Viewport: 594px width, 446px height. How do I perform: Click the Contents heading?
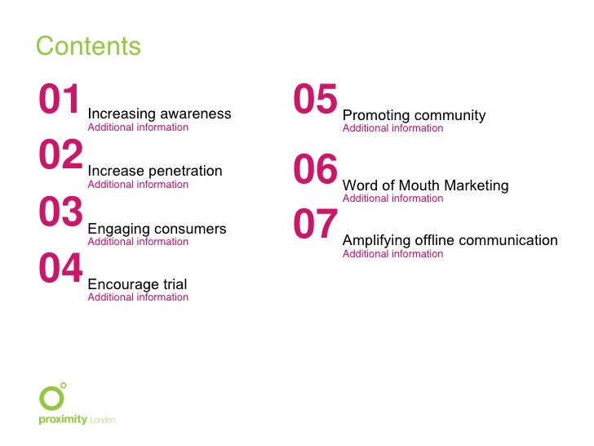coord(88,47)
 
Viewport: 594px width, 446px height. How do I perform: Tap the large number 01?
coord(60,100)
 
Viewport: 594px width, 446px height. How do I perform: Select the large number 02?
coord(60,156)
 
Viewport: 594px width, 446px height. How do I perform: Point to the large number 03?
coord(60,213)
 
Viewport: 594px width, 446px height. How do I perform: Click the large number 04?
coord(60,270)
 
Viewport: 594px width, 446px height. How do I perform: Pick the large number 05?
coord(315,100)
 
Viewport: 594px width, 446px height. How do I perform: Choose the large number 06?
coord(315,171)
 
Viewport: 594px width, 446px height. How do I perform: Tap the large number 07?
coord(315,225)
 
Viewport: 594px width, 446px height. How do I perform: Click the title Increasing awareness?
coord(159,114)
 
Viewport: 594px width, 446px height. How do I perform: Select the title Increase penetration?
coord(154,171)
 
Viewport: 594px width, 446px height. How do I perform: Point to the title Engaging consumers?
coord(157,229)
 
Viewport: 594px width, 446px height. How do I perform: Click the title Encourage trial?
coord(137,284)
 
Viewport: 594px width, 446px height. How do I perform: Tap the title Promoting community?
coord(414,115)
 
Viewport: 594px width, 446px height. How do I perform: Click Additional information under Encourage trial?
coord(138,297)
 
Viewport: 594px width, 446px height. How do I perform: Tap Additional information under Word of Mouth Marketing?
coord(392,198)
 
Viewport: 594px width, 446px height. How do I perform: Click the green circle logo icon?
coord(51,398)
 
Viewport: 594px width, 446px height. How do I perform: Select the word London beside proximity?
coord(102,421)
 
